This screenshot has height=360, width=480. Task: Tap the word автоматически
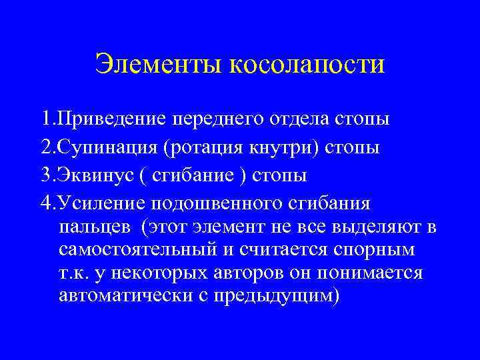(x=134, y=295)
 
